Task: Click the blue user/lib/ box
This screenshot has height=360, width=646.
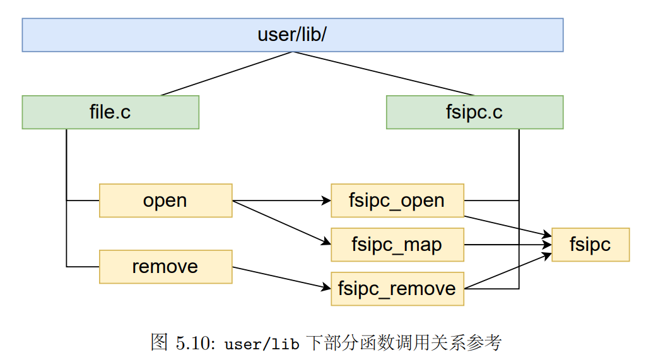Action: coord(292,35)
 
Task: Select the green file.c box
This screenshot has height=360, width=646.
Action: coord(110,112)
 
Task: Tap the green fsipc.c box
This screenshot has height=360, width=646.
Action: coord(474,112)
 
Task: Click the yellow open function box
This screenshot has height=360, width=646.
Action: coord(165,200)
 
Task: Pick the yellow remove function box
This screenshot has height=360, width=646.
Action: coord(165,267)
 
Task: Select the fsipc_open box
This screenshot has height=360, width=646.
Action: coord(397,200)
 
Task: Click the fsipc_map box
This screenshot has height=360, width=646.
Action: coord(397,245)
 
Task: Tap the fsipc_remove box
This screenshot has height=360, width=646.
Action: coord(397,289)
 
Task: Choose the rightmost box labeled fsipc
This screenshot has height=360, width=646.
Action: coord(590,245)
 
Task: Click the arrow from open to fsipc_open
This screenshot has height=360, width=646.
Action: coord(281,201)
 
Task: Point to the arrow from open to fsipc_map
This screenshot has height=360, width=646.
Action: coord(281,222)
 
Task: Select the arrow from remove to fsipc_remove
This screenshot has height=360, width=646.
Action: coord(281,278)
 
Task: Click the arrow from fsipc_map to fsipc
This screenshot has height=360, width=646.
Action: coord(507,245)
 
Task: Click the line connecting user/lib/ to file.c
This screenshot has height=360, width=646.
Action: coord(227,74)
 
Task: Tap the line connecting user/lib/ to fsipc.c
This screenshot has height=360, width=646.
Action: coord(383,74)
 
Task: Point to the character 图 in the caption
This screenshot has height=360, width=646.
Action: coord(159,343)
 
